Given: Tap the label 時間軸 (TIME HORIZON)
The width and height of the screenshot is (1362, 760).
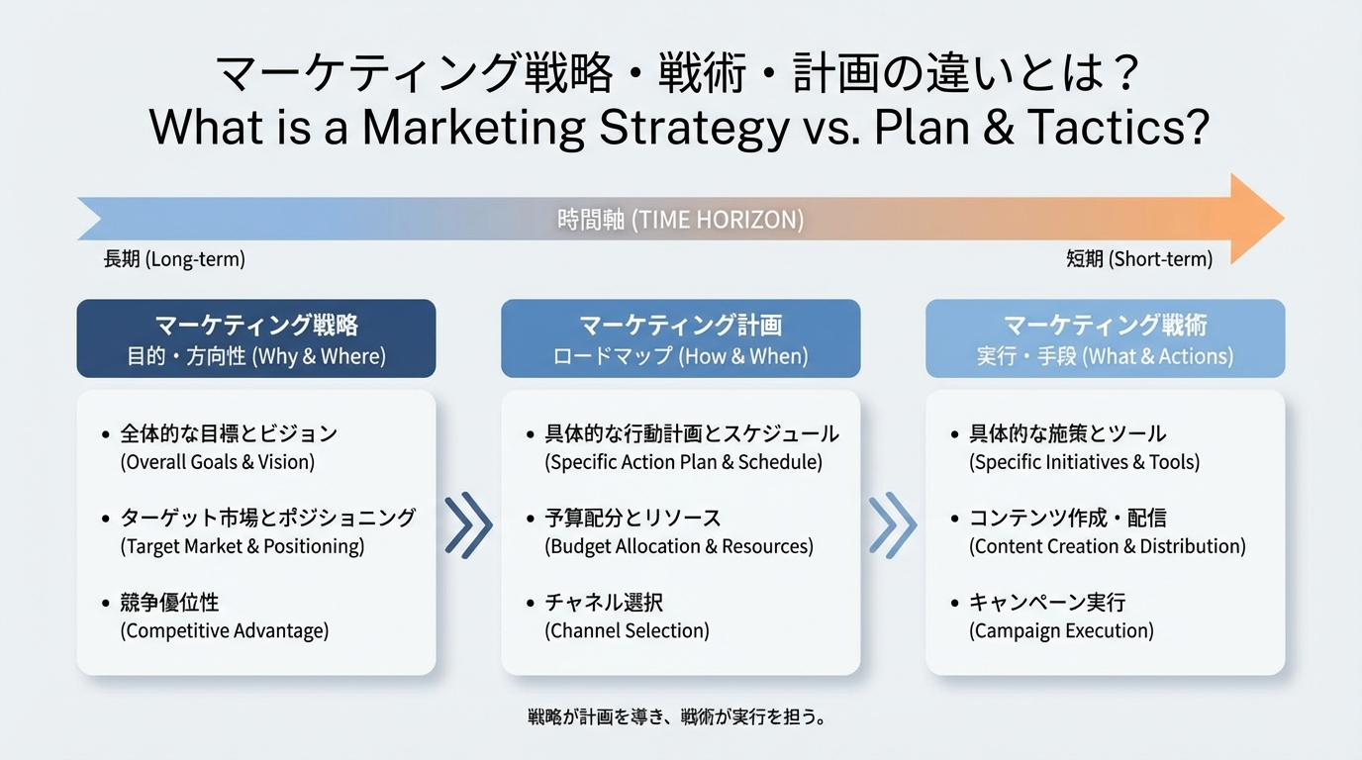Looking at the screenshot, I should [680, 220].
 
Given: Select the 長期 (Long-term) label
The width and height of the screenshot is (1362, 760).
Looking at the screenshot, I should [174, 259].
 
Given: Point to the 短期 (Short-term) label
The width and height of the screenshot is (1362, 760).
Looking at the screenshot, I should [1138, 259].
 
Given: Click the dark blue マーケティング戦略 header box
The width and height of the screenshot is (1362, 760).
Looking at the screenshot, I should [256, 338].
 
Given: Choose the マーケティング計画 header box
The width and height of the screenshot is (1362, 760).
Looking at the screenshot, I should [680, 338].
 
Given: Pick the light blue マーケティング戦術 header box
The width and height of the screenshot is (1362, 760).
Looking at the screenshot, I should [1105, 338].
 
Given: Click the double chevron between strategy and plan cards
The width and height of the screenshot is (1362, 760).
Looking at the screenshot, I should [468, 525].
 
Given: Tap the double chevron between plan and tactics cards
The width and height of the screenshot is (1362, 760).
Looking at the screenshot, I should [893, 525].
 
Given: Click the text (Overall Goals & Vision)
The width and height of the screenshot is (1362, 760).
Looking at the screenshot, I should [217, 462].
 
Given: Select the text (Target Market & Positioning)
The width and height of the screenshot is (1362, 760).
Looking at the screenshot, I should [242, 546].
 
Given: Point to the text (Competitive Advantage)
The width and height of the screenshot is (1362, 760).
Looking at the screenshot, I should [224, 630].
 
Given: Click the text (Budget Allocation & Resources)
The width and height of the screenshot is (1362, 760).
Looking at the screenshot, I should [678, 546].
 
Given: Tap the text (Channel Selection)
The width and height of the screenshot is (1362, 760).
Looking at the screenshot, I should [627, 630].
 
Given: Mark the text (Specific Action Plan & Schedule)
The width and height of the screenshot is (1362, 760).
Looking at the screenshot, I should [683, 462].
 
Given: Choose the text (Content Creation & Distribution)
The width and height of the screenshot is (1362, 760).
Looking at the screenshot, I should [1107, 546].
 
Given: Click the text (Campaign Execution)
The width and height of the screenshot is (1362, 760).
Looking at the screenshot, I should [1061, 630].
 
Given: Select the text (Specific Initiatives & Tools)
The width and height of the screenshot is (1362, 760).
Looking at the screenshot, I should [1084, 462].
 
